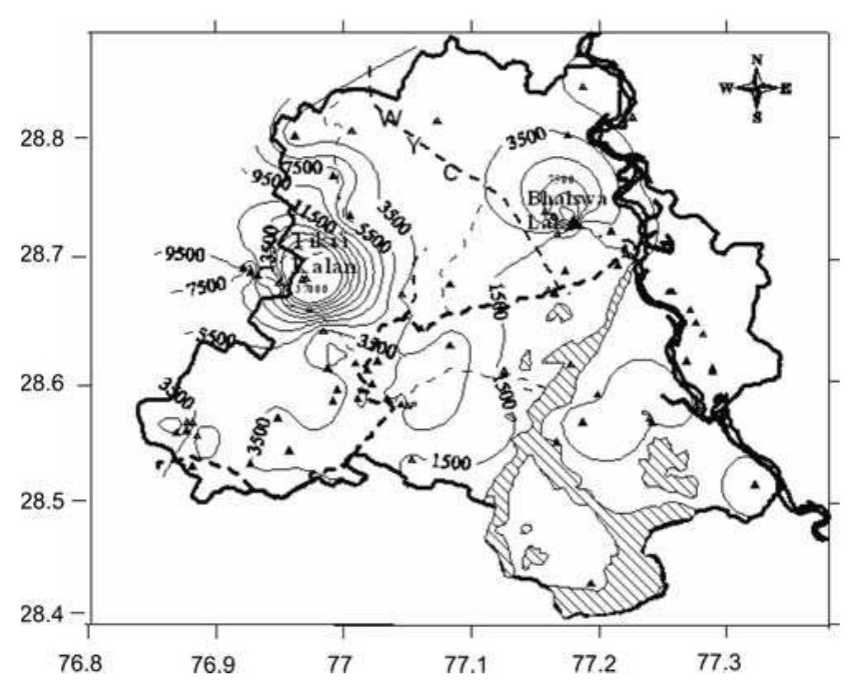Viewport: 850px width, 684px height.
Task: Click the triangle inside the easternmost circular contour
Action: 754,484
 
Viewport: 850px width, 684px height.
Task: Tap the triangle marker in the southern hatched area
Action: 591,583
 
